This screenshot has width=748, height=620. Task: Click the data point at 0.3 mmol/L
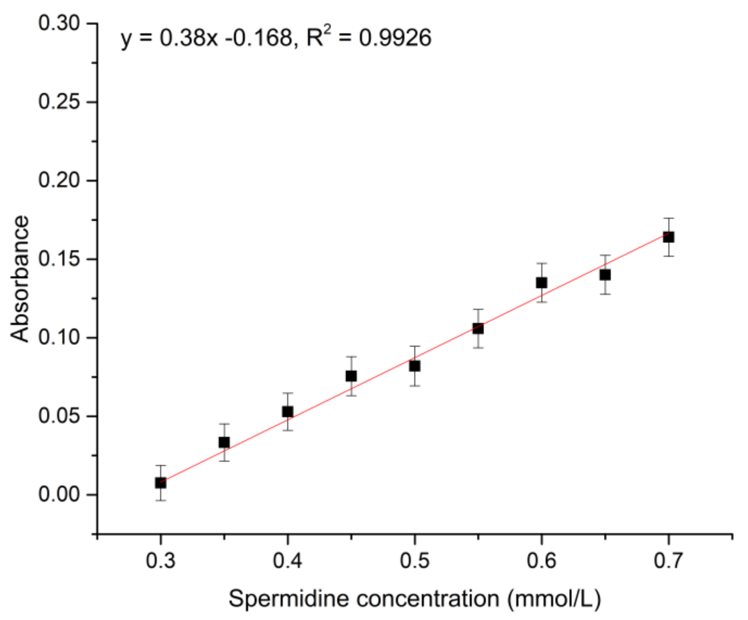pos(161,483)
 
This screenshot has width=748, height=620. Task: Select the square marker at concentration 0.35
pos(224,442)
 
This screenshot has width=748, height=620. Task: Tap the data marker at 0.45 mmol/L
pos(351,376)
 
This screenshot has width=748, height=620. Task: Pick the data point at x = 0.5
pos(415,366)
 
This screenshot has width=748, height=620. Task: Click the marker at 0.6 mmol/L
pos(541,283)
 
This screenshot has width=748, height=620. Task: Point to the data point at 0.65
pos(605,275)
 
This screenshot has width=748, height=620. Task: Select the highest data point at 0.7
pos(668,237)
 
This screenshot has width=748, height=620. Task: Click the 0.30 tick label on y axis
pos(59,23)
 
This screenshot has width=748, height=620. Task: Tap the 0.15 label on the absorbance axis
pos(59,259)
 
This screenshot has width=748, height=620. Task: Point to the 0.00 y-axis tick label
pos(59,494)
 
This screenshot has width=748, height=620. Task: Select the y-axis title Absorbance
pos(20,279)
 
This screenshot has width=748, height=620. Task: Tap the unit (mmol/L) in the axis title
pos(554,598)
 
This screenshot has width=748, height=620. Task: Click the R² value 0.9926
pos(395,38)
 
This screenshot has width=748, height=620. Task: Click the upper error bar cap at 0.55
pos(478,309)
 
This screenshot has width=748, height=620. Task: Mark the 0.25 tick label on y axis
pos(59,102)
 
